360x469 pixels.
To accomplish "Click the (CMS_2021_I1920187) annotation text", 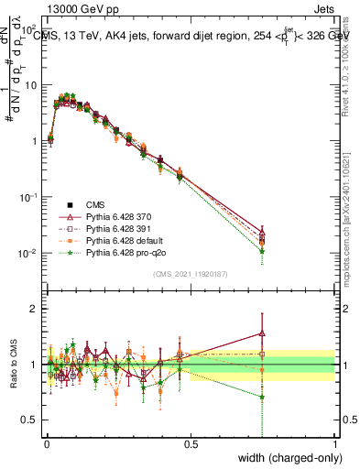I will tap(190, 274).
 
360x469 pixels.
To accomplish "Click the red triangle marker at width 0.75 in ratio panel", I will tap(263, 333).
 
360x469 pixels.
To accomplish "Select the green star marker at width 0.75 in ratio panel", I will tap(263, 398).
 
